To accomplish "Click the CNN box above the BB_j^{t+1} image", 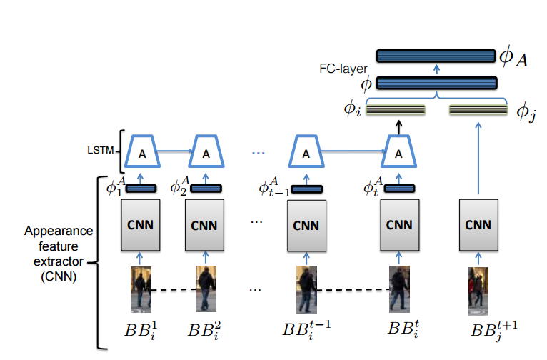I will [x=478, y=224].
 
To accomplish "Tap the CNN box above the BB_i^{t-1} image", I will [x=306, y=224].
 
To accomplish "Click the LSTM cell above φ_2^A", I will [x=206, y=153].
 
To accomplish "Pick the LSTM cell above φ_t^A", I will [x=398, y=153].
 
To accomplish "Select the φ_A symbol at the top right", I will [x=513, y=58].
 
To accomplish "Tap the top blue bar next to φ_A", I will [x=436, y=56].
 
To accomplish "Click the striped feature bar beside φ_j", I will [x=477, y=110].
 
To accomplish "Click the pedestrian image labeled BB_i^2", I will [x=207, y=289].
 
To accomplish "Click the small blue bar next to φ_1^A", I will [x=141, y=189].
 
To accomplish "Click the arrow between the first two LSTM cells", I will [x=174, y=151].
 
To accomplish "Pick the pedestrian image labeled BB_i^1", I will [x=140, y=289].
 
